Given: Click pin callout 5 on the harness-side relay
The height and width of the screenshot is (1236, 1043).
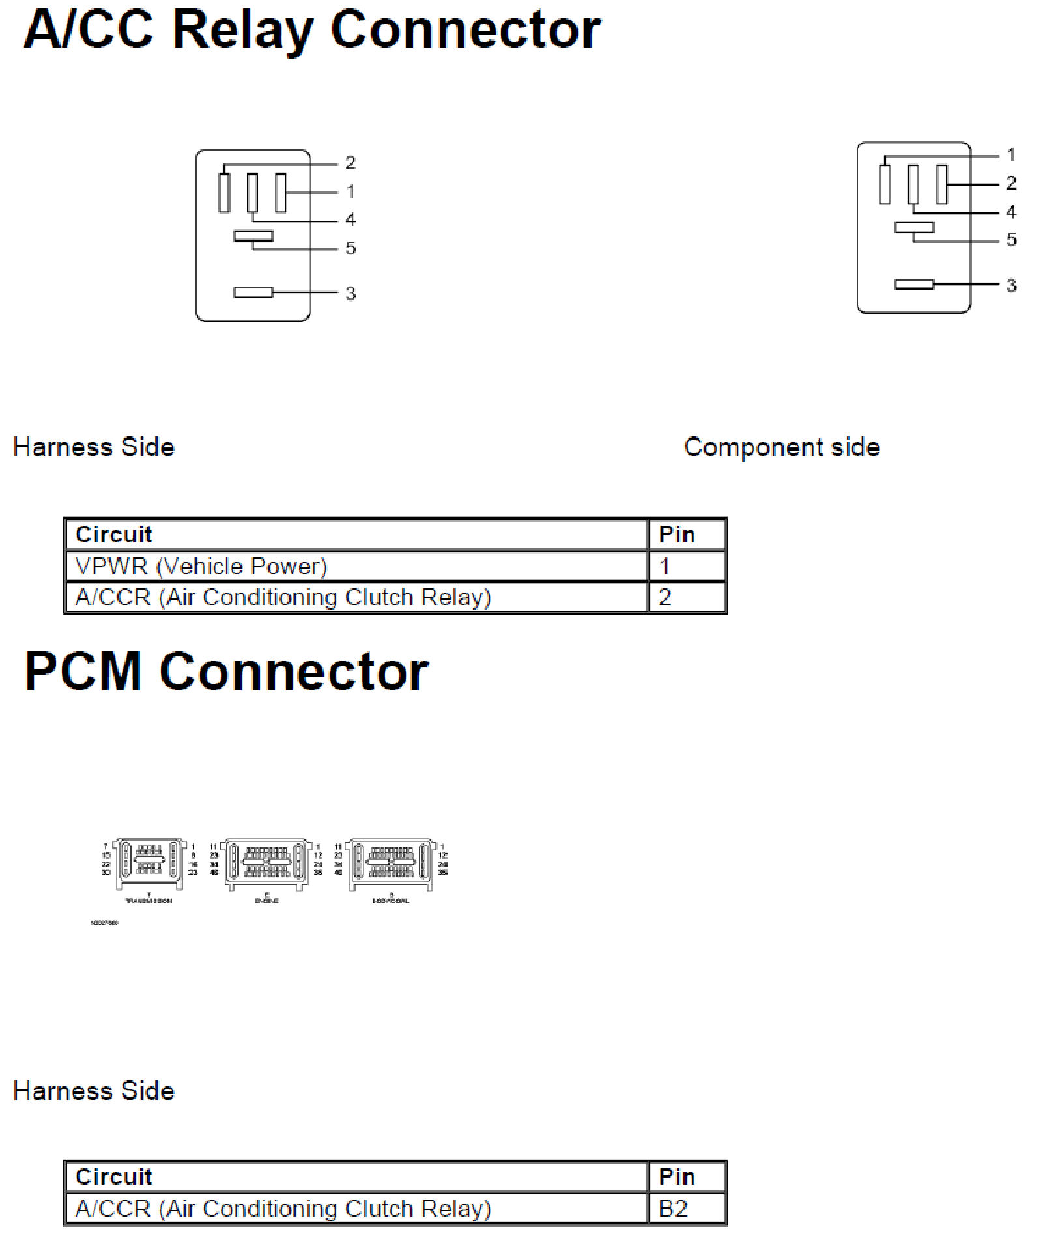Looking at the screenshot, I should (x=350, y=248).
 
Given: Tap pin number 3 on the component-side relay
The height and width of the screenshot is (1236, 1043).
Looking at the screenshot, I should (x=1011, y=285).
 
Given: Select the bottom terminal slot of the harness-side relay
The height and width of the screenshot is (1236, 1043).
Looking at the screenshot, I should (x=253, y=293).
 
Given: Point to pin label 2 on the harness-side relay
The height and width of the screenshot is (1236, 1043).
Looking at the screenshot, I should (x=350, y=162).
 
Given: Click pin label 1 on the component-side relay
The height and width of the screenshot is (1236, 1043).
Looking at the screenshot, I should (x=1011, y=154).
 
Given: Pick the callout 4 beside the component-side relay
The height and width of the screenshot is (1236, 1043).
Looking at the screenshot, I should (x=1011, y=212).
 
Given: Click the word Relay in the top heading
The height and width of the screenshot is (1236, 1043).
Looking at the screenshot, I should (x=242, y=31).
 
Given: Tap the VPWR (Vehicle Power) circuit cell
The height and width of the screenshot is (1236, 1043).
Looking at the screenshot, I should (x=201, y=567).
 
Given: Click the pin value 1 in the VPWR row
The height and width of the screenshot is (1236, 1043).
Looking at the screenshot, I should (x=664, y=567).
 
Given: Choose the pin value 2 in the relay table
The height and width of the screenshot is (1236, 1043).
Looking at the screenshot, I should (x=664, y=597).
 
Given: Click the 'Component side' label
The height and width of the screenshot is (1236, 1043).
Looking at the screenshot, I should (x=782, y=447).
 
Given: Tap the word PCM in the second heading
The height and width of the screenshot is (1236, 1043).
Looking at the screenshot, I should (x=83, y=671).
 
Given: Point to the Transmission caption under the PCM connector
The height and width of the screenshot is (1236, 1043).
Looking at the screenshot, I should (x=149, y=901).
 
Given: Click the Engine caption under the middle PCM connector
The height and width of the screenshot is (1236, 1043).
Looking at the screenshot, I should (x=267, y=901).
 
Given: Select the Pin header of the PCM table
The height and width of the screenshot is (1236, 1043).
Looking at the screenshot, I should (x=677, y=1177).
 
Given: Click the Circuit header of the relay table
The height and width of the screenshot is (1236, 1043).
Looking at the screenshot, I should (x=114, y=535).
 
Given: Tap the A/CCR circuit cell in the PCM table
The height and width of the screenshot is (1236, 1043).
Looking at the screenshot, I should (x=283, y=1209).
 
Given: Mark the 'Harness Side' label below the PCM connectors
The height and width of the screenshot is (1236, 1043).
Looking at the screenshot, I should (x=94, y=1091).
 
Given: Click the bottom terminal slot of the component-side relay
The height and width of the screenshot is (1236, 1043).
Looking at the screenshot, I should (x=914, y=285).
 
